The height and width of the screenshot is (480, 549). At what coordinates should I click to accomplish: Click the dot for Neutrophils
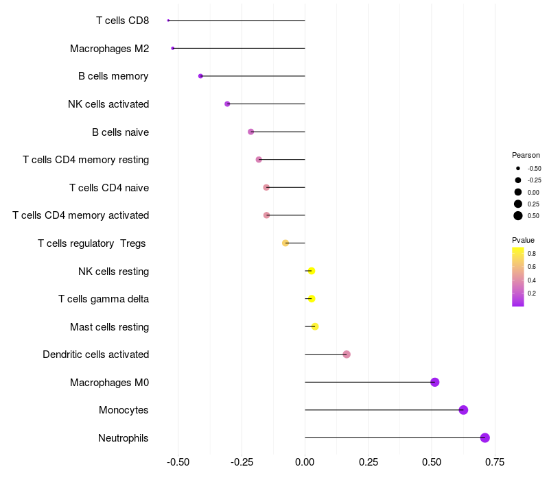click(x=484, y=437)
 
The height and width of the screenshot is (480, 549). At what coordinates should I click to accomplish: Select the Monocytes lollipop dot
click(x=463, y=410)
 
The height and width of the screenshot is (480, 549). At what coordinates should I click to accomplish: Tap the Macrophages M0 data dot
click(x=434, y=382)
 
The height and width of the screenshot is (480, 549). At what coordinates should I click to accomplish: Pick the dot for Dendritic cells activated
click(x=347, y=355)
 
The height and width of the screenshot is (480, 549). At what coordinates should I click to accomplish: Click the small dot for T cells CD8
click(x=168, y=21)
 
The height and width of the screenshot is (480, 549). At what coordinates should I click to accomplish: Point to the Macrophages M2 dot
click(x=173, y=48)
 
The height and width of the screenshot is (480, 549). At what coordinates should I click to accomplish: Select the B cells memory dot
click(x=200, y=76)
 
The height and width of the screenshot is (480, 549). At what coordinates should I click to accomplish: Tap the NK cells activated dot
click(x=227, y=104)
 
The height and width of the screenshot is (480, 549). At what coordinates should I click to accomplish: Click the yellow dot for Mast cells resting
click(x=315, y=326)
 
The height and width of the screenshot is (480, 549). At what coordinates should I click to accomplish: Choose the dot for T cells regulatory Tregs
click(x=285, y=243)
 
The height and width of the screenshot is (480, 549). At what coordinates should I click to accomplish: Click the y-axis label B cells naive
click(x=120, y=132)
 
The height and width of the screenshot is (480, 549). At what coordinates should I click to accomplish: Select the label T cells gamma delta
click(x=104, y=299)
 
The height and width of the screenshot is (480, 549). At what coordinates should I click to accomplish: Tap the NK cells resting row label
click(x=113, y=271)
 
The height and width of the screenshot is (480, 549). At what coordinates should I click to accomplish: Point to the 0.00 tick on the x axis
click(x=305, y=461)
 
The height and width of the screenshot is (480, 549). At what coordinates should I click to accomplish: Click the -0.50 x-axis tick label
click(x=178, y=461)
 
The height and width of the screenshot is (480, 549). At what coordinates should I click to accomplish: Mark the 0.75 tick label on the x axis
click(x=494, y=461)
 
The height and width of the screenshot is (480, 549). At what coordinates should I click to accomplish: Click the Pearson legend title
click(x=526, y=155)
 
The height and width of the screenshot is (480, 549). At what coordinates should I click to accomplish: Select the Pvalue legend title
click(x=523, y=240)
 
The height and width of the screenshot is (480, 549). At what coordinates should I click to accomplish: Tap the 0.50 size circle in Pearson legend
click(x=518, y=216)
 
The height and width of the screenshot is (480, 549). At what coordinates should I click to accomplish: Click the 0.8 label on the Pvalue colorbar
click(x=532, y=254)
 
